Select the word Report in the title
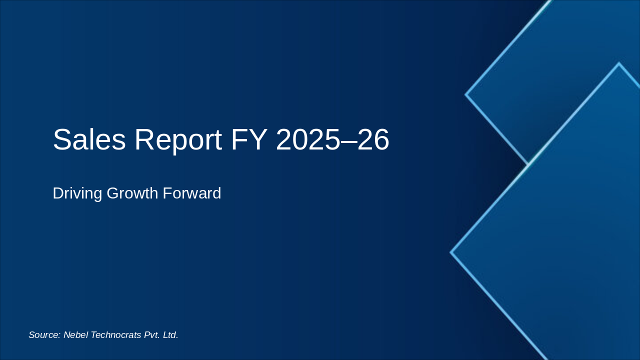point(177,140)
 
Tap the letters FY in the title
point(248,140)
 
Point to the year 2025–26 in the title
point(332,140)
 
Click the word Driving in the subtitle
point(77,193)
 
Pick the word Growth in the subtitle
point(134,193)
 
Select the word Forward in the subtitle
point(194,193)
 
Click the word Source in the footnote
point(43,335)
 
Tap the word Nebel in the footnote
point(75,335)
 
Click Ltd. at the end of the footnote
point(170,335)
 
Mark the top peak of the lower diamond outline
point(618,63)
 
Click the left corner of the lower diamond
point(451,252)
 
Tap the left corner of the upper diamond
point(466,94)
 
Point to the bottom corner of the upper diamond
point(528,163)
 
